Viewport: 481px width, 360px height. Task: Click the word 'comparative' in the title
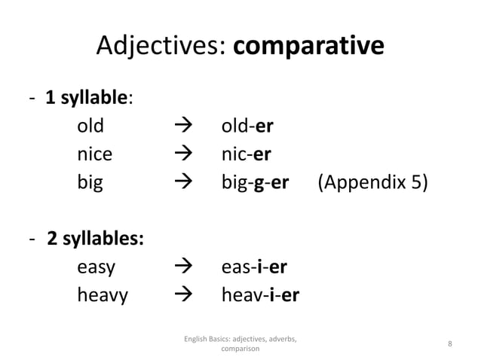point(308,47)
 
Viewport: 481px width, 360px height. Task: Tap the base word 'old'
point(91,125)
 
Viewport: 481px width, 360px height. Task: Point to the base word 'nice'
point(95,154)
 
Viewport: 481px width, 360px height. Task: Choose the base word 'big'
point(90,183)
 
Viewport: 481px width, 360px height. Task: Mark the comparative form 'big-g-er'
point(255,183)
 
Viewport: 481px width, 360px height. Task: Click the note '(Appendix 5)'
point(372,183)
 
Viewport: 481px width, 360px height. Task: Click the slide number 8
point(449,344)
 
